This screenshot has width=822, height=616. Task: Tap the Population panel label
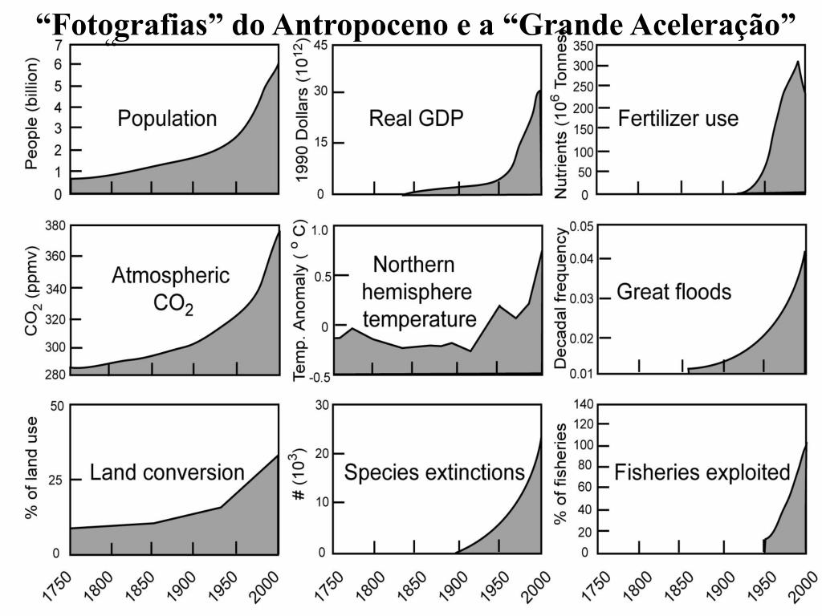pyautogui.click(x=167, y=119)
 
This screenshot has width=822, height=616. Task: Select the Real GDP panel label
pyautogui.click(x=417, y=119)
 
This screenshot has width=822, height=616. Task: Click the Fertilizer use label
pyautogui.click(x=678, y=119)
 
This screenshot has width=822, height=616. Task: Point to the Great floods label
pyautogui.click(x=673, y=291)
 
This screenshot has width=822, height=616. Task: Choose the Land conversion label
pyautogui.click(x=167, y=472)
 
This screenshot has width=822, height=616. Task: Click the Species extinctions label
pyautogui.click(x=434, y=472)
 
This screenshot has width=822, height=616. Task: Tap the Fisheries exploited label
pyautogui.click(x=702, y=472)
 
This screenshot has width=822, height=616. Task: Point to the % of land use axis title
pyautogui.click(x=32, y=478)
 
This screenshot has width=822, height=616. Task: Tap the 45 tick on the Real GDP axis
pyautogui.click(x=319, y=45)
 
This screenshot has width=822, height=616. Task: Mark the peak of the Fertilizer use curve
pyautogui.click(x=797, y=62)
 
